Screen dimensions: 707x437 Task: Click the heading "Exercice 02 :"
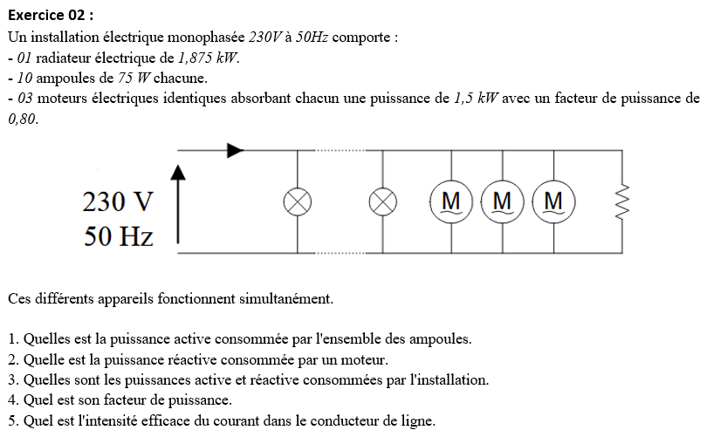point(51,16)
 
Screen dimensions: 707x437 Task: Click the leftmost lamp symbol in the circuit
point(298,201)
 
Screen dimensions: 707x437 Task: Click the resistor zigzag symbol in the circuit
point(622,201)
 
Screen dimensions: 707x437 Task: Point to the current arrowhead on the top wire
point(236,150)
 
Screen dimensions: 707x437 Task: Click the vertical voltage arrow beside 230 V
point(178,204)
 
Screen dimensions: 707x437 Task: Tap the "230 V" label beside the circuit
point(118,201)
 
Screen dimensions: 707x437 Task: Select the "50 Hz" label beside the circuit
point(119,236)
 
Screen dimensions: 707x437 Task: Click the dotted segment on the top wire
point(340,150)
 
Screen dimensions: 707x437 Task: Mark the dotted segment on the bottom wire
point(340,253)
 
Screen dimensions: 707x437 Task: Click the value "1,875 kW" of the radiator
point(209,58)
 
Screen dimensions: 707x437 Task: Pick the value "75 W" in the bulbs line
point(134,78)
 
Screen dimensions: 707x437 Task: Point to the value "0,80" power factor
point(23,119)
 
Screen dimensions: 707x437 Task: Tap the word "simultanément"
point(286,298)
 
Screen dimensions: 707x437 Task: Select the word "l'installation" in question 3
point(450,379)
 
